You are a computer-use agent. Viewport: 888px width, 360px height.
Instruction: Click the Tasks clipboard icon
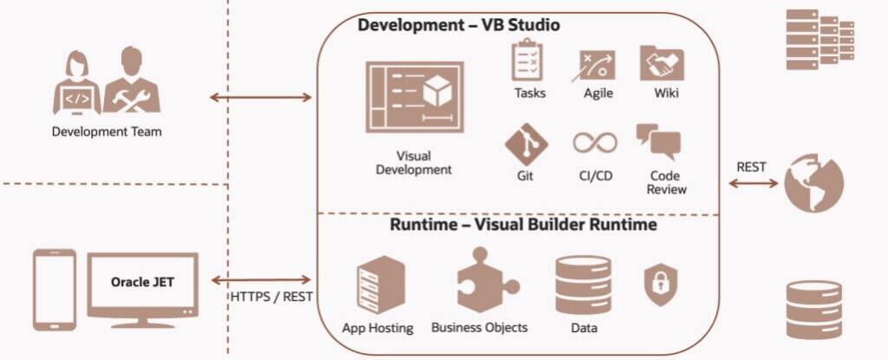pos(528,61)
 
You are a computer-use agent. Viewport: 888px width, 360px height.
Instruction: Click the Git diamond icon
pos(526,144)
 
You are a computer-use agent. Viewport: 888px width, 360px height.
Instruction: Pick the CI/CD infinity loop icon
pos(594,142)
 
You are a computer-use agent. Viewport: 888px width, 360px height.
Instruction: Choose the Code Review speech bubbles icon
pos(658,141)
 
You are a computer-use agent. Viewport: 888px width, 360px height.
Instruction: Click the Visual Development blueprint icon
pos(412,96)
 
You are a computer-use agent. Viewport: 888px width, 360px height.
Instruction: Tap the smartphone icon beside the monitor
pos(54,290)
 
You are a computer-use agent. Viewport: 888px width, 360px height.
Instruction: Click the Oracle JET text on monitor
pos(142,282)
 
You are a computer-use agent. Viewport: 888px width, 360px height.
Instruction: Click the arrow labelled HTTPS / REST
pos(260,279)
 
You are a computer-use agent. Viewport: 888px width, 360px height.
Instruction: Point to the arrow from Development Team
pos(260,97)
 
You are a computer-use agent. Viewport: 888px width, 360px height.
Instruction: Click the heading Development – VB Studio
pos(459,25)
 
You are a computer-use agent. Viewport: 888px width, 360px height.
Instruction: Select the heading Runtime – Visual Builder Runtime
pos(522,225)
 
